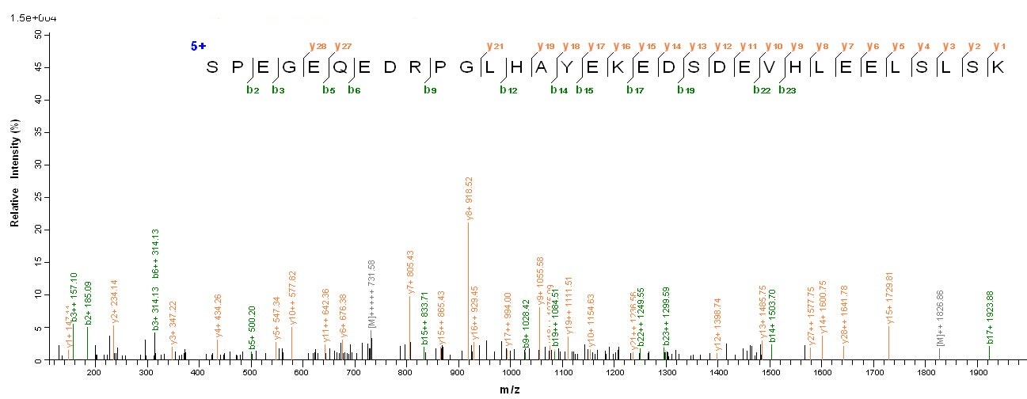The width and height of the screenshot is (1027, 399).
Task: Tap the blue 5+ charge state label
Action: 197,46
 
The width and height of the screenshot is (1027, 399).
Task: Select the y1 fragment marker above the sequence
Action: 999,46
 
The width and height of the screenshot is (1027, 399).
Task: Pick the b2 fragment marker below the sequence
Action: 253,89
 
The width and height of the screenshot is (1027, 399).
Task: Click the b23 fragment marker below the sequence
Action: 786,89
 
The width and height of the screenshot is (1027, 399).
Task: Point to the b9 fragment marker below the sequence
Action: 430,89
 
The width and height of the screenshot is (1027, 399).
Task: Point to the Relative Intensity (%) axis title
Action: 15,197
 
